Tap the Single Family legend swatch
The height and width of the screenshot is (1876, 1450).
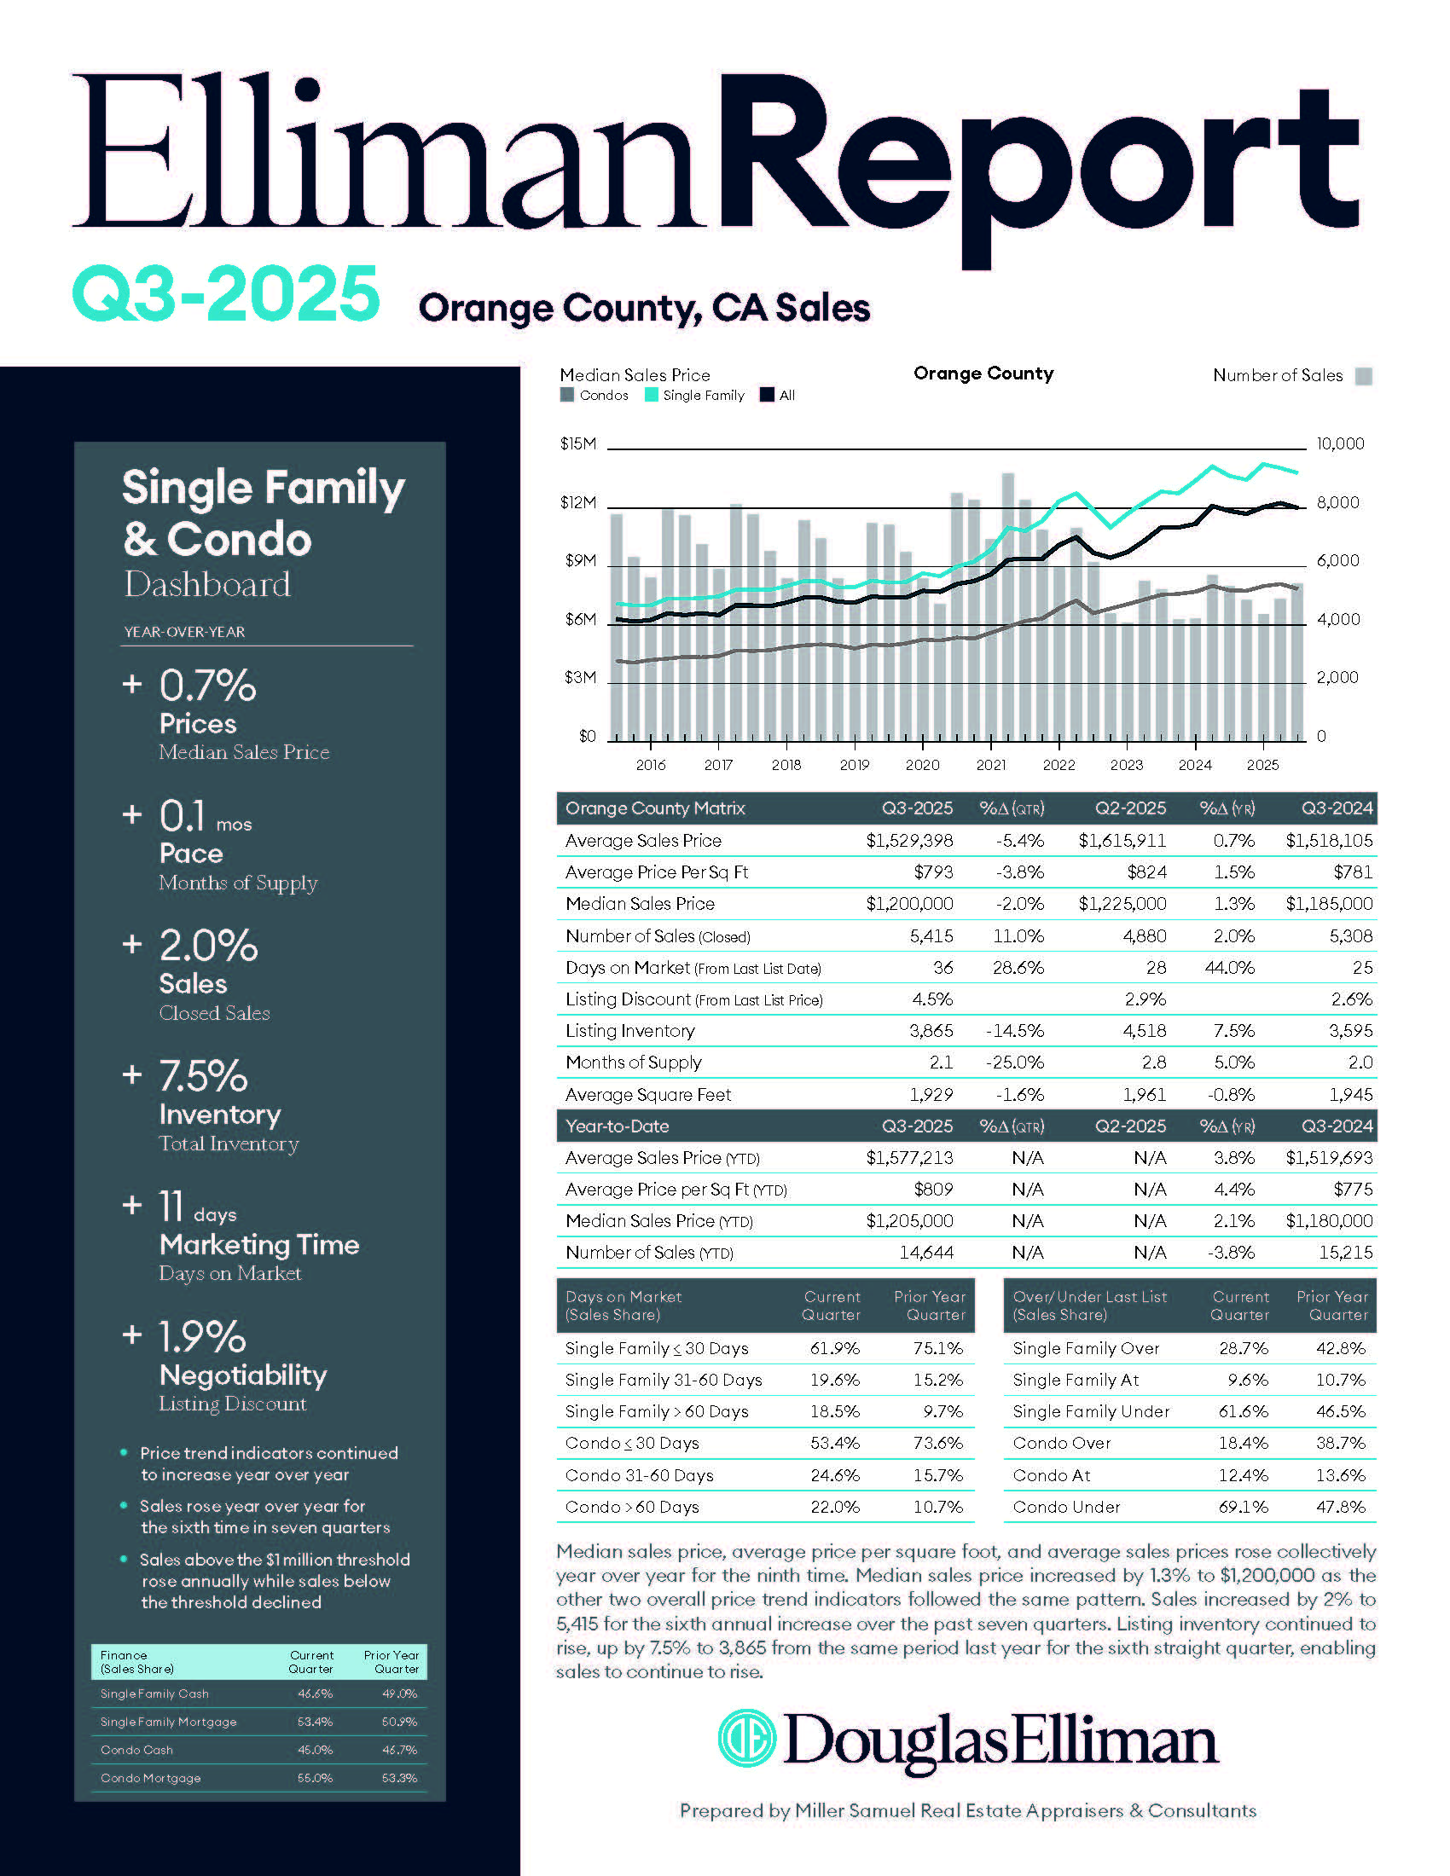pyautogui.click(x=652, y=395)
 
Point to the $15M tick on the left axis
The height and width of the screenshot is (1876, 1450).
pyautogui.click(x=577, y=444)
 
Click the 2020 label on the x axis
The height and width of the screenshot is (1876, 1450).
pyautogui.click(x=922, y=765)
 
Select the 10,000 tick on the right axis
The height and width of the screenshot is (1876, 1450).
pyautogui.click(x=1340, y=444)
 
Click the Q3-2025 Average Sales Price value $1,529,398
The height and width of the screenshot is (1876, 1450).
pyautogui.click(x=909, y=840)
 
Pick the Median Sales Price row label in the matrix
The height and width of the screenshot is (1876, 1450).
pyautogui.click(x=640, y=904)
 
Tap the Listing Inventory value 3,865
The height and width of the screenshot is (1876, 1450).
pyautogui.click(x=931, y=1030)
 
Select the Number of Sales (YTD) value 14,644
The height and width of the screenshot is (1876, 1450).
pyautogui.click(x=926, y=1253)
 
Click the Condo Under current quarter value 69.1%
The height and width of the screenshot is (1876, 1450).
pyautogui.click(x=1243, y=1507)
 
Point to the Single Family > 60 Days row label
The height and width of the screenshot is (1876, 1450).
pyautogui.click(x=656, y=1411)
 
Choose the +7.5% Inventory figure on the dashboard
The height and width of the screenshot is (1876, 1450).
pyautogui.click(x=204, y=1075)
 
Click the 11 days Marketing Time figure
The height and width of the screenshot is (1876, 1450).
pyautogui.click(x=171, y=1206)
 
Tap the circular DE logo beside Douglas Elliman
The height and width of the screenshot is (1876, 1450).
pyautogui.click(x=746, y=1738)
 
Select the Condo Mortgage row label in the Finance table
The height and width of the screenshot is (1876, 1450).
pyautogui.click(x=150, y=1778)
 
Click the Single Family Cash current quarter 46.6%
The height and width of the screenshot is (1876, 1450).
pyautogui.click(x=315, y=1694)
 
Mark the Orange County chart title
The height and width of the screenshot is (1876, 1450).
pyautogui.click(x=983, y=373)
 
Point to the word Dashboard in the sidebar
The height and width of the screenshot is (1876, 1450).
pyautogui.click(x=208, y=584)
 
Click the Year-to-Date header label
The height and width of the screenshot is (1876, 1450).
pyautogui.click(x=617, y=1126)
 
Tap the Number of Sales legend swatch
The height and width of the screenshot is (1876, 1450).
pyautogui.click(x=1363, y=376)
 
